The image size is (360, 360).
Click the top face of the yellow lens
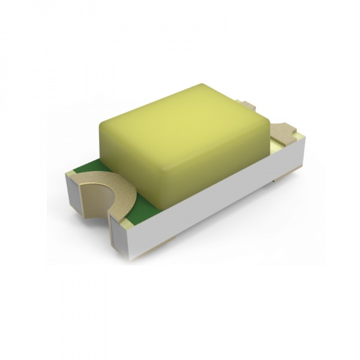(180, 117)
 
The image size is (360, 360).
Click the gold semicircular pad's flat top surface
(117, 186)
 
